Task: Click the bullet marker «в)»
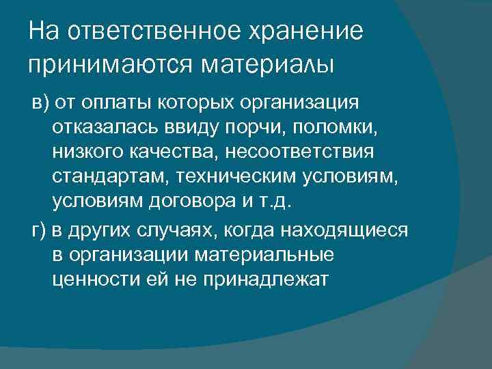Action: tap(40, 103)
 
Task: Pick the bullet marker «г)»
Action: tap(40, 230)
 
